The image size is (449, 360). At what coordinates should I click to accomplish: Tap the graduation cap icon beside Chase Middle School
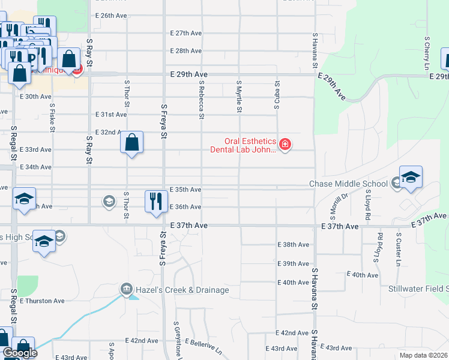(411, 177)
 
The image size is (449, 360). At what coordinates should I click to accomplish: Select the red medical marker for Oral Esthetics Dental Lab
(285, 145)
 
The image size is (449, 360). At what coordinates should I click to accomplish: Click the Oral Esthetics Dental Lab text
(243, 146)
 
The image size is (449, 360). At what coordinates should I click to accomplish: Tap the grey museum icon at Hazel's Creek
(126, 290)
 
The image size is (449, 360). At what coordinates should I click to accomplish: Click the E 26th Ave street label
(110, 14)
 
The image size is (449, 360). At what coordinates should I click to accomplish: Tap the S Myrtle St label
(239, 96)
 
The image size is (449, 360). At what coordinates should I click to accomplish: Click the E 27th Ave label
(185, 33)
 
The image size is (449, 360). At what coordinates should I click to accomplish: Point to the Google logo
(19, 353)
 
